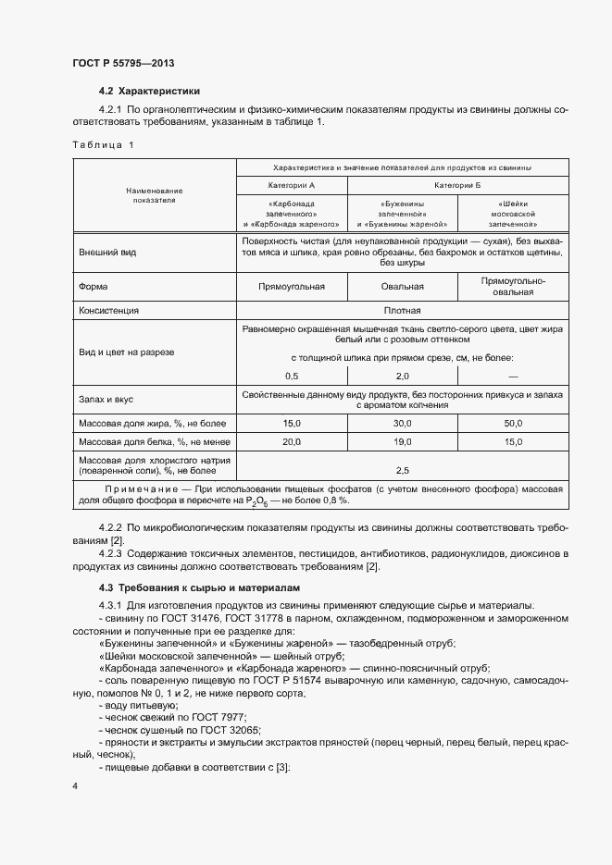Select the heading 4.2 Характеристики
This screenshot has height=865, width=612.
(x=149, y=91)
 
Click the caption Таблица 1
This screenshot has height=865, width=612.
(x=103, y=145)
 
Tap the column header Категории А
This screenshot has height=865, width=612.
(x=292, y=186)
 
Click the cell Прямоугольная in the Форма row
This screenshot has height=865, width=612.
(x=292, y=287)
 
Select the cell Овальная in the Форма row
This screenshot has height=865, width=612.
(x=402, y=287)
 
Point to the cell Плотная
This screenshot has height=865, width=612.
(x=402, y=311)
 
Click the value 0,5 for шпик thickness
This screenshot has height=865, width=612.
(x=292, y=376)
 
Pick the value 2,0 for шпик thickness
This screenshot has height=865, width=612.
(x=402, y=376)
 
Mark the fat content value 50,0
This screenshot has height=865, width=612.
(x=513, y=423)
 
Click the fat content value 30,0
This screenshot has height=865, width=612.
(x=402, y=423)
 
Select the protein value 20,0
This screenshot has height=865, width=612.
(x=292, y=442)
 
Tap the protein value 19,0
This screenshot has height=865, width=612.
(x=402, y=442)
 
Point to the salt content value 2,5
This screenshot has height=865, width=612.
(x=402, y=470)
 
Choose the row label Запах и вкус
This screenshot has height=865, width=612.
(x=106, y=400)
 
